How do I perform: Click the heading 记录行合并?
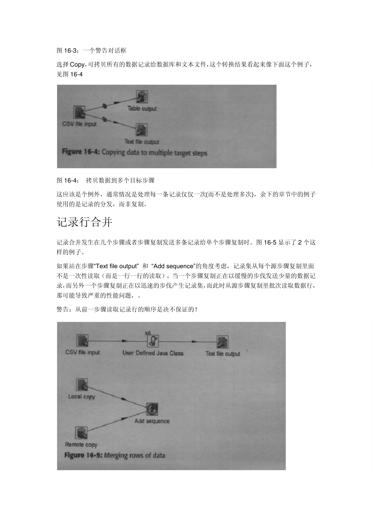(85, 222)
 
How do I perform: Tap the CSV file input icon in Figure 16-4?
(79, 112)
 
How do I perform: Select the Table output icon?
(141, 97)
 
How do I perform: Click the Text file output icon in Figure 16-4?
(141, 130)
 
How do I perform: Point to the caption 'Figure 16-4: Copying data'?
(134, 153)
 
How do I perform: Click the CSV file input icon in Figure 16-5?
(82, 340)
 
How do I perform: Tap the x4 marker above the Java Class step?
(148, 333)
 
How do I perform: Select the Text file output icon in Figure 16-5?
(222, 342)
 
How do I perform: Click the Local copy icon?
(82, 385)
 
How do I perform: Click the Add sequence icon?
(152, 409)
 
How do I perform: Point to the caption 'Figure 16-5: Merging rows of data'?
(114, 455)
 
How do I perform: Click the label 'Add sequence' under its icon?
(152, 421)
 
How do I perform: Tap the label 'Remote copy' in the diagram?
(81, 445)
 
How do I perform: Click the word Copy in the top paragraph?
(77, 65)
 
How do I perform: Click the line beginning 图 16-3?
(92, 51)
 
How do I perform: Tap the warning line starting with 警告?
(126, 310)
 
